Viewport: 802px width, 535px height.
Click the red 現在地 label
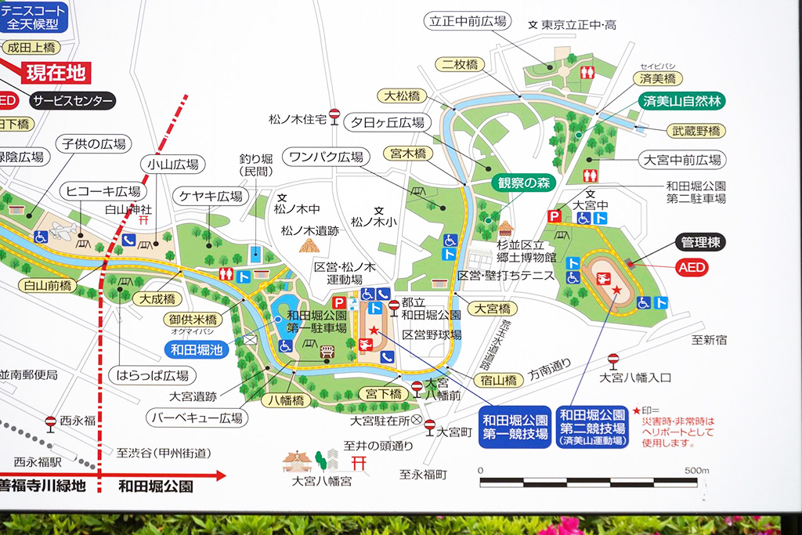[x=55, y=74]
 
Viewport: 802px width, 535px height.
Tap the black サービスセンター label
[x=73, y=101]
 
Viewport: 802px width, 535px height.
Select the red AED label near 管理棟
[x=692, y=268]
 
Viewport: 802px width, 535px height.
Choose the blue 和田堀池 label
[x=196, y=349]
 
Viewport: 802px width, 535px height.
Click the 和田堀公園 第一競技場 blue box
[x=515, y=427]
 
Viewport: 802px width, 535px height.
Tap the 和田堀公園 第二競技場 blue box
[x=593, y=427]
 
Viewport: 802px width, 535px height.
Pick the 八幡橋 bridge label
[x=287, y=400]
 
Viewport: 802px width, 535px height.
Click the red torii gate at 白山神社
[x=143, y=222]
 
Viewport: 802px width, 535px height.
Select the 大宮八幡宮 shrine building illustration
[x=298, y=461]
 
